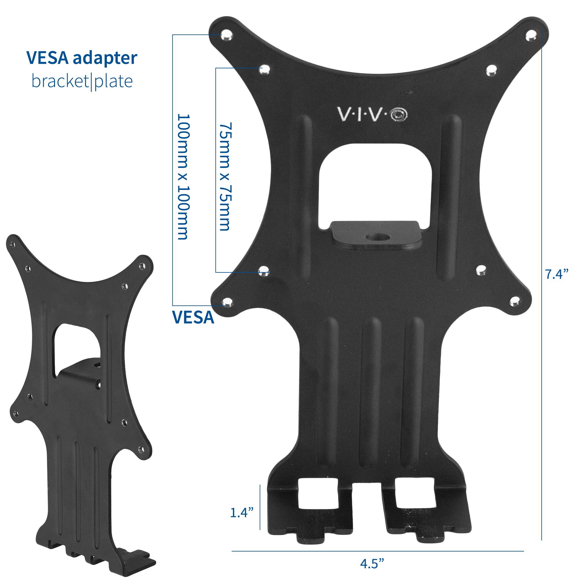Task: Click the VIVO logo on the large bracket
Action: pyautogui.click(x=373, y=114)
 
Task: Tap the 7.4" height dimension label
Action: pyautogui.click(x=556, y=274)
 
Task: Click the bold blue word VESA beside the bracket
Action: pyautogui.click(x=193, y=318)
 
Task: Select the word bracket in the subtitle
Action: pyautogui.click(x=60, y=81)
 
